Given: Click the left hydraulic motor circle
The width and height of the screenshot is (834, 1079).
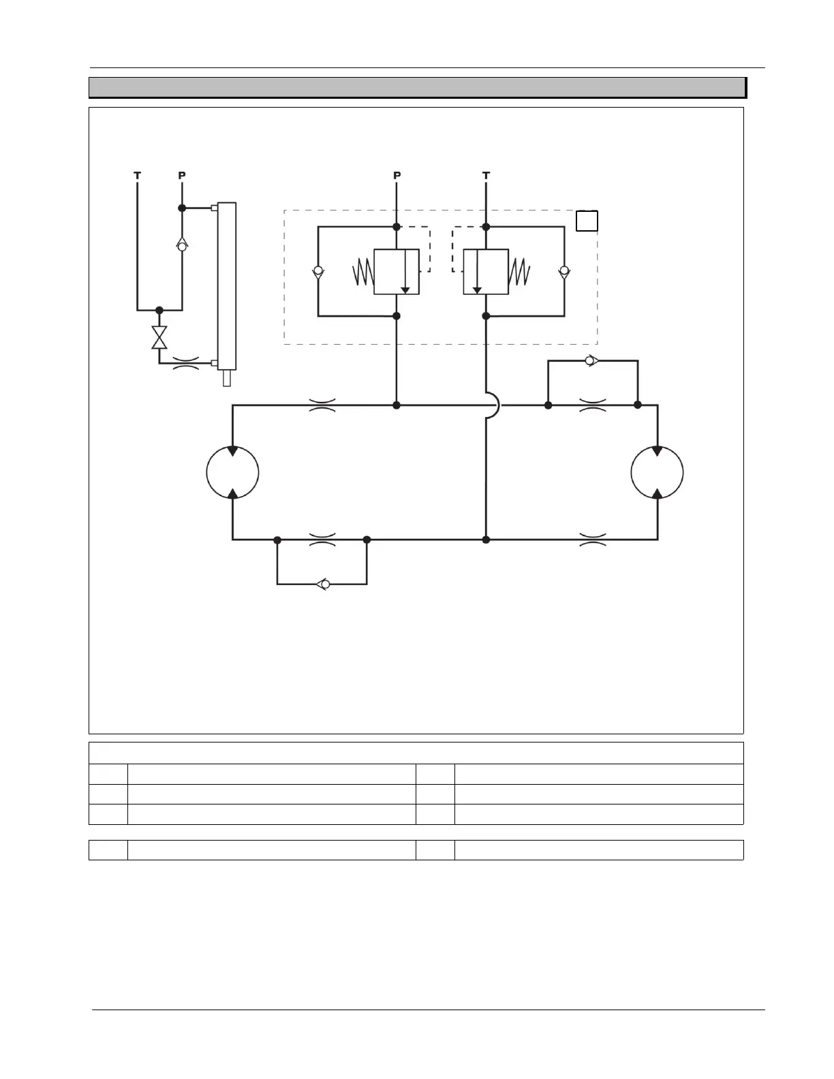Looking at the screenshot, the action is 232,473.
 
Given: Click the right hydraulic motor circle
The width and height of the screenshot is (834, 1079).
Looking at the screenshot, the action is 657,473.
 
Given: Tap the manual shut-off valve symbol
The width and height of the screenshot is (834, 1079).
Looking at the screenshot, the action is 159,338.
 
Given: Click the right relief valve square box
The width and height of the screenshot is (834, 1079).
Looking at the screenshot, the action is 486,272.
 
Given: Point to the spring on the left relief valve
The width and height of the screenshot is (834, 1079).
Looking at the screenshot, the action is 362,272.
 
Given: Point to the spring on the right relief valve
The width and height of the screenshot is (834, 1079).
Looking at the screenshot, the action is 520,272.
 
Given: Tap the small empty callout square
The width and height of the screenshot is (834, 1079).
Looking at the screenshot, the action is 587,221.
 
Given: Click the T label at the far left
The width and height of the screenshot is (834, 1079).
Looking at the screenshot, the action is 137,176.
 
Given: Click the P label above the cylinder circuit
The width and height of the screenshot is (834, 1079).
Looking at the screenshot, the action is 182,176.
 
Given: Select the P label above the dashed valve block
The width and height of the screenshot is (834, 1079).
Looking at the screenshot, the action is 397,176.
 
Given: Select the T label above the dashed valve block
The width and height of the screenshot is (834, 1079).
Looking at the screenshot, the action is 486,176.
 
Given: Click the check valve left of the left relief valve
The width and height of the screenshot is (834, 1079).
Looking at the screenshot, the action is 318,272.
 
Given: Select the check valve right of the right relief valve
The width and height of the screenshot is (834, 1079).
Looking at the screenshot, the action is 564,272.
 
